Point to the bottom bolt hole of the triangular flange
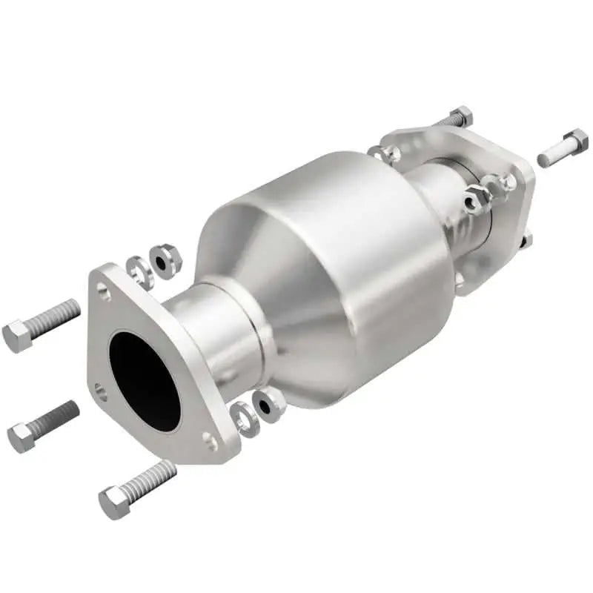[x=211, y=443]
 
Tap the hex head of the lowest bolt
[x=115, y=503]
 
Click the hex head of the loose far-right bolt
[x=574, y=140]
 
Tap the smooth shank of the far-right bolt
[x=549, y=155]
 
